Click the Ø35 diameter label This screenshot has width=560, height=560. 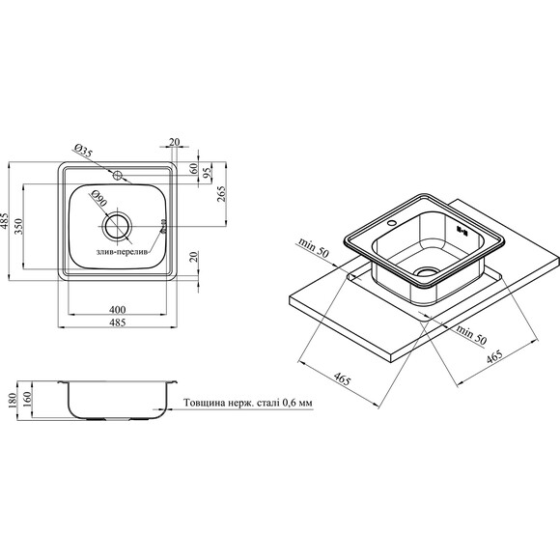(x=83, y=151)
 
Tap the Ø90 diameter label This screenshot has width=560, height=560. (x=98, y=198)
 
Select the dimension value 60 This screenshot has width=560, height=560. (x=193, y=167)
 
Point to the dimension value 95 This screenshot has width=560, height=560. (x=208, y=172)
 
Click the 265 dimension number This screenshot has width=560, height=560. (x=222, y=194)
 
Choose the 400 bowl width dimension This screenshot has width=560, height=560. (x=118, y=309)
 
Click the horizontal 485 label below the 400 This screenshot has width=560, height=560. (x=118, y=322)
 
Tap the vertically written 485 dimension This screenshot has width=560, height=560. (x=4, y=221)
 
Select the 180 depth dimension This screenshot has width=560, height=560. (x=13, y=401)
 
